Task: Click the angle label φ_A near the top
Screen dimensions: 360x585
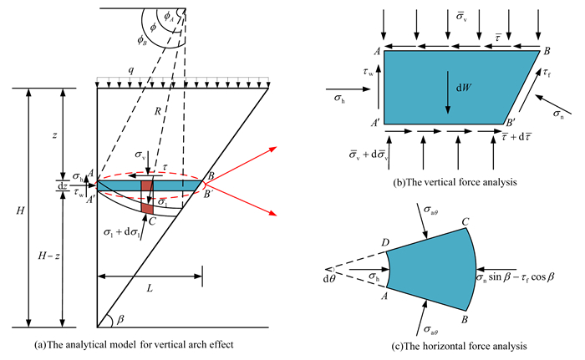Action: point(165,12)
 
